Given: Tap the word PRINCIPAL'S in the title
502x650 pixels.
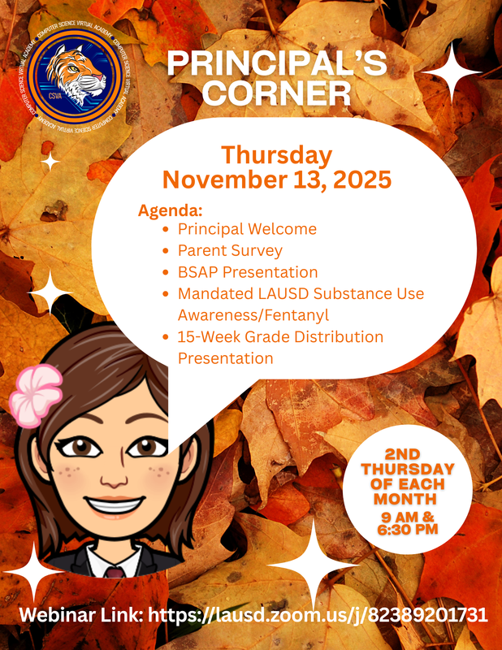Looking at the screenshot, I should coord(276,66).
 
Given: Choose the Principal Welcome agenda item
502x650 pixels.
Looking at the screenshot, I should coord(247,229).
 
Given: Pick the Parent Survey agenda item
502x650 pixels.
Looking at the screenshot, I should coord(230,250).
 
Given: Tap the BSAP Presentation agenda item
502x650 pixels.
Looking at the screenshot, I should coord(248,271).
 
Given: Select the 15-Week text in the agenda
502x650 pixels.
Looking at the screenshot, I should coord(214,336).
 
